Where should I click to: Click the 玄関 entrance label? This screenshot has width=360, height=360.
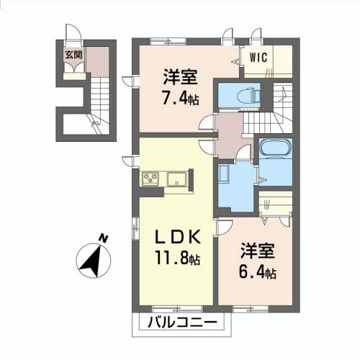pyautogui.click(x=73, y=53)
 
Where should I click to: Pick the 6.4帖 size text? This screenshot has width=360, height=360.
pyautogui.click(x=257, y=273)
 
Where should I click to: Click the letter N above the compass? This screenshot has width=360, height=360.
pyautogui.click(x=103, y=238)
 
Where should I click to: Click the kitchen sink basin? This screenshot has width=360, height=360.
pyautogui.click(x=176, y=179)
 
